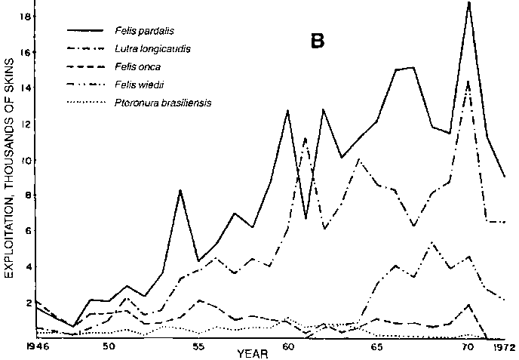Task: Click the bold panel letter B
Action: click(317, 42)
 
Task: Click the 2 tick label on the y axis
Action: click(26, 303)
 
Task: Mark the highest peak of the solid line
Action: click(468, 3)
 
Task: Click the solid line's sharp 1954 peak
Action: click(180, 190)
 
